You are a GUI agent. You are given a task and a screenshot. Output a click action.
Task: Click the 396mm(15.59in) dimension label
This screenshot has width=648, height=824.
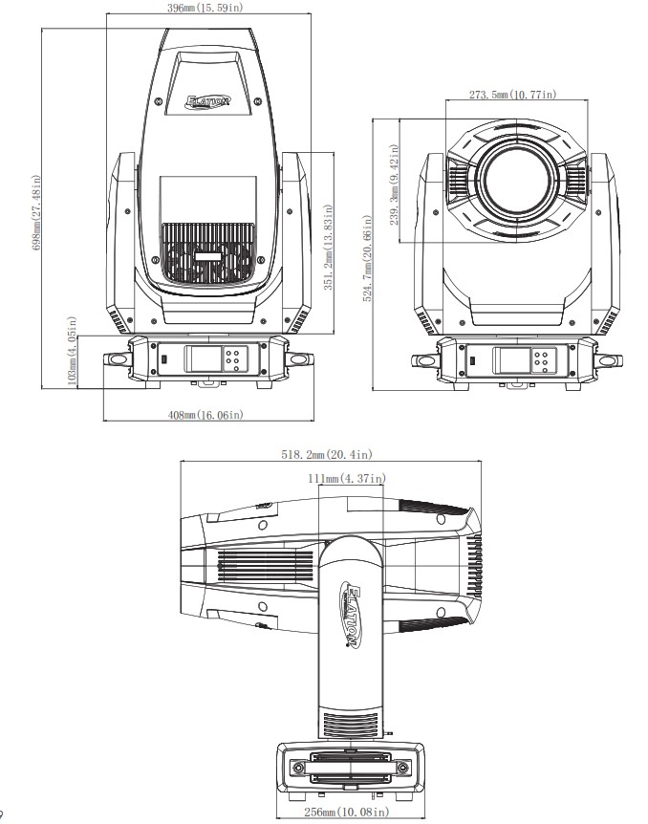pyautogui.click(x=205, y=8)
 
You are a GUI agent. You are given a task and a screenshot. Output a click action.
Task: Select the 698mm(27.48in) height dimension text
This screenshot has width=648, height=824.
pyautogui.click(x=36, y=212)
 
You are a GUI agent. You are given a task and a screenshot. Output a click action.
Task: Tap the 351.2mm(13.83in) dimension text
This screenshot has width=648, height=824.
pyautogui.click(x=328, y=247)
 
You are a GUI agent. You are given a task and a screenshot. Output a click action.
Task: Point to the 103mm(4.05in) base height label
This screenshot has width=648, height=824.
pyautogui.click(x=73, y=352)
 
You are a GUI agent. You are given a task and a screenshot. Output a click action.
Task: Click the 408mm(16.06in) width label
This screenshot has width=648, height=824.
pyautogui.click(x=205, y=415)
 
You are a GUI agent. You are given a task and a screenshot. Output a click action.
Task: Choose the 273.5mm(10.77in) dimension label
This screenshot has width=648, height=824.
pyautogui.click(x=513, y=94)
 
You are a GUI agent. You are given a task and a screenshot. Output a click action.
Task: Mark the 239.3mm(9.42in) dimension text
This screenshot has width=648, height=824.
pyautogui.click(x=395, y=185)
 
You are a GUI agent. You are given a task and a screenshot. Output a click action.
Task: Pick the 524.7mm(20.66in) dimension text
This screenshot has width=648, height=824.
pyautogui.click(x=368, y=258)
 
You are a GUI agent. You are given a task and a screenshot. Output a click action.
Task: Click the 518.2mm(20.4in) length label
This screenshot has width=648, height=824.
pyautogui.click(x=326, y=454)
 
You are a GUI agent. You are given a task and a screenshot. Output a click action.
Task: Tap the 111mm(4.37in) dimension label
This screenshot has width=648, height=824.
pyautogui.click(x=347, y=478)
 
